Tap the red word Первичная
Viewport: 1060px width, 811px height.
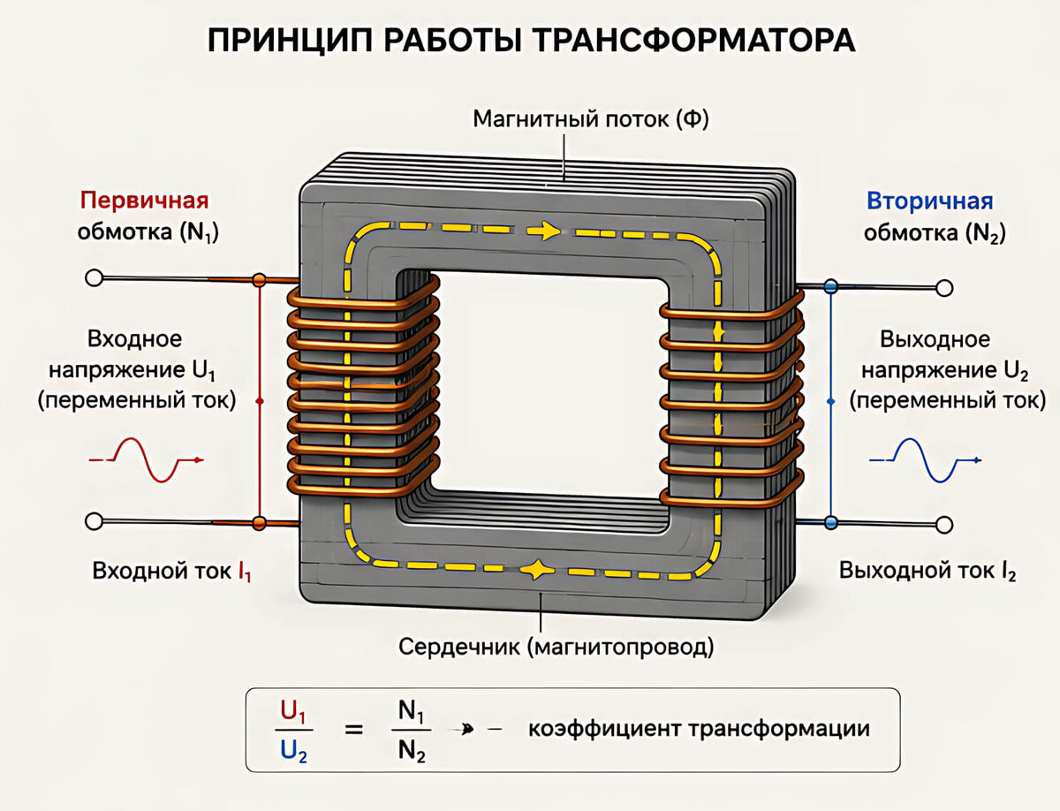point(144,201)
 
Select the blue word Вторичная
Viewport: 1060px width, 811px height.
point(929,201)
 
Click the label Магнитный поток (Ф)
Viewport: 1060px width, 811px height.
point(591,119)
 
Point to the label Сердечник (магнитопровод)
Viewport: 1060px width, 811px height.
point(556,647)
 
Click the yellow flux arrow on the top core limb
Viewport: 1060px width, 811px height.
point(544,231)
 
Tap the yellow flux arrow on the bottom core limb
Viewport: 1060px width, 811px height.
point(536,570)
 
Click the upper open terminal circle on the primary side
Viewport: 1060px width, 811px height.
point(94,278)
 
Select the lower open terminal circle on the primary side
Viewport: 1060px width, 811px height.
point(94,521)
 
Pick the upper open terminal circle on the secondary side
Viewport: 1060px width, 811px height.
point(944,288)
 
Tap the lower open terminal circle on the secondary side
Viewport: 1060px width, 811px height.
point(944,525)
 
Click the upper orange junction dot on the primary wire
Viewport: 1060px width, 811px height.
point(260,280)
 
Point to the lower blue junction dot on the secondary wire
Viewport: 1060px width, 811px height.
point(831,522)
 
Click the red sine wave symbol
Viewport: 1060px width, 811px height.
point(147,460)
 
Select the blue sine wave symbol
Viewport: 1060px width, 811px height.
point(925,460)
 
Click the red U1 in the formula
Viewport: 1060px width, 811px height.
point(292,712)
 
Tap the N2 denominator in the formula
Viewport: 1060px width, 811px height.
point(412,752)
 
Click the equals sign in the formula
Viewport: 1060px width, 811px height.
point(354,730)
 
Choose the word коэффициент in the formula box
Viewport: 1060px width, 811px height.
point(605,730)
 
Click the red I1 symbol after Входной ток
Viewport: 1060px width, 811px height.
point(245,572)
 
